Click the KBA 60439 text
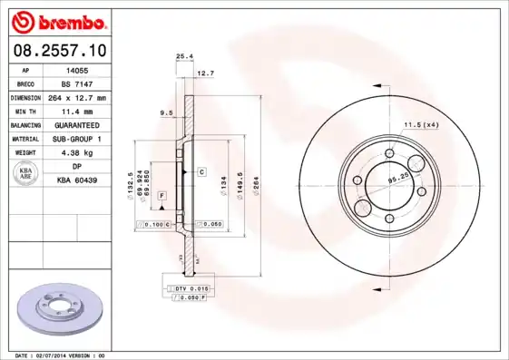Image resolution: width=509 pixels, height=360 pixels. tap(78, 181)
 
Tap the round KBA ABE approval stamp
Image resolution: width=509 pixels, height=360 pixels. tap(25, 174)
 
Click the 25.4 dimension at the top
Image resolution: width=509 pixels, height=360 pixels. tap(183, 56)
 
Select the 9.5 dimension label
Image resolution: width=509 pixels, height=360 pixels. tap(166, 113)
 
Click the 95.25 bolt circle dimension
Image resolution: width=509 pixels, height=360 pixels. tap(396, 180)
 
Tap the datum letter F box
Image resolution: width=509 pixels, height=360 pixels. tap(162, 195)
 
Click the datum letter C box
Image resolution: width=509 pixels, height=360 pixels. tap(201, 171)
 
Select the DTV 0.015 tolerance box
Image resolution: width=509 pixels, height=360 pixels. tap(191, 287)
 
